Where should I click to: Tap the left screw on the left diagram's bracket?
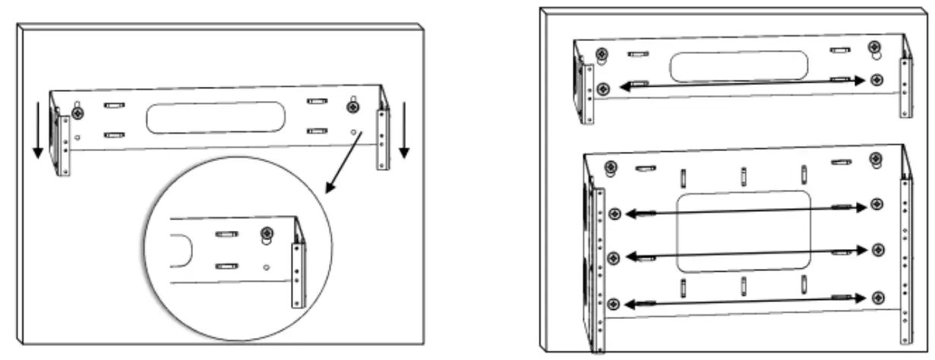77,112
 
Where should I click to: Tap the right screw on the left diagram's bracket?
353,107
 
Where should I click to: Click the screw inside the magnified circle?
267,234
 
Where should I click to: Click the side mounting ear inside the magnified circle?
299,273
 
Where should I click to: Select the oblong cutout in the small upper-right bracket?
738,66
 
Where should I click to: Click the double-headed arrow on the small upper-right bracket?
742,84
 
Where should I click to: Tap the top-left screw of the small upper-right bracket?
602,55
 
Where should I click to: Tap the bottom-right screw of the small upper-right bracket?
877,80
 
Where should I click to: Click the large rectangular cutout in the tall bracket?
743,232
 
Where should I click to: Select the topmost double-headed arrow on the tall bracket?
745,210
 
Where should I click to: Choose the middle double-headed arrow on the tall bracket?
745,254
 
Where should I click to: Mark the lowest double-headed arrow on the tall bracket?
745,301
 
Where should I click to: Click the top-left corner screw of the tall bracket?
609,167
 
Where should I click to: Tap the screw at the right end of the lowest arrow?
878,297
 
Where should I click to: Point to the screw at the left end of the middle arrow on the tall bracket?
614,257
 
